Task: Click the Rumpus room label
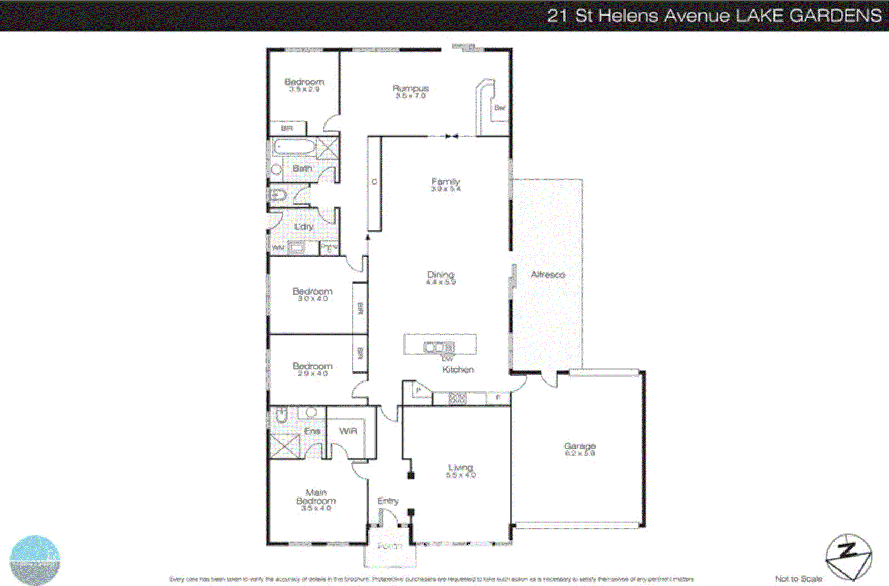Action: pyautogui.click(x=411, y=88)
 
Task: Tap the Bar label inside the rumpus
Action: pyautogui.click(x=500, y=107)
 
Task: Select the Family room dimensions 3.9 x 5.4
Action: pyautogui.click(x=446, y=189)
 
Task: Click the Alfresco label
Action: pyautogui.click(x=547, y=275)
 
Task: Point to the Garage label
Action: pyautogui.click(x=580, y=446)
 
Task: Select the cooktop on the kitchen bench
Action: pyautogui.click(x=457, y=398)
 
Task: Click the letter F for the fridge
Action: pyautogui.click(x=498, y=398)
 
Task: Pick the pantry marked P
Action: pyautogui.click(x=418, y=391)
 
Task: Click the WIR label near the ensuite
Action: pyautogui.click(x=348, y=431)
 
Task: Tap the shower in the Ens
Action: pyautogui.click(x=284, y=446)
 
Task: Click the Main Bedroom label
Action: pyautogui.click(x=316, y=496)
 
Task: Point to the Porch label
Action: pyautogui.click(x=389, y=546)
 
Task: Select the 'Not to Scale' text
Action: pyautogui.click(x=798, y=579)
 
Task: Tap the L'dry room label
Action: pyautogui.click(x=304, y=226)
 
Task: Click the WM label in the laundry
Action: pyautogui.click(x=278, y=248)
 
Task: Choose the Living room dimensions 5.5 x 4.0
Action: pyautogui.click(x=461, y=475)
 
